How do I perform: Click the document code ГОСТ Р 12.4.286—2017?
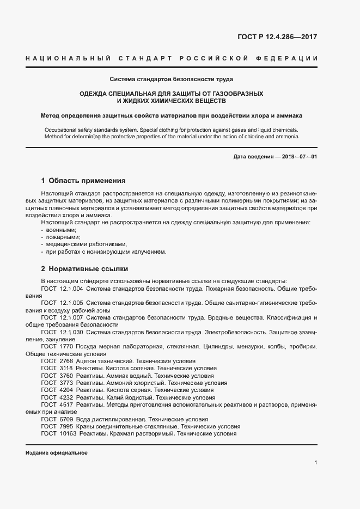pos(277,38)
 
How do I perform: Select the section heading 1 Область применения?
pos(83,180)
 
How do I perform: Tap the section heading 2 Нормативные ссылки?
pos(85,269)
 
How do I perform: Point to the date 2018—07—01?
pos(298,157)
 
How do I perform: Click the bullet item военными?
pos(60,230)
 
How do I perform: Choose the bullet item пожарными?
pos(62,237)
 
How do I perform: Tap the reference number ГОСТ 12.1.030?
pos(62,332)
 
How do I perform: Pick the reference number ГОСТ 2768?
pos(57,361)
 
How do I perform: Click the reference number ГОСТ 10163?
pos(59,434)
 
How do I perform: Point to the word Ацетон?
pos(88,361)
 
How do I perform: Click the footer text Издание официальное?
pos(57,452)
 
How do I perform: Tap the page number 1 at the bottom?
pos(316,463)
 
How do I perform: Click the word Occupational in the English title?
pos(63,130)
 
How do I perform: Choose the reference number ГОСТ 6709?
pos(57,419)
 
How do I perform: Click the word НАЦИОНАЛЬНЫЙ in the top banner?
pos(60,58)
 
